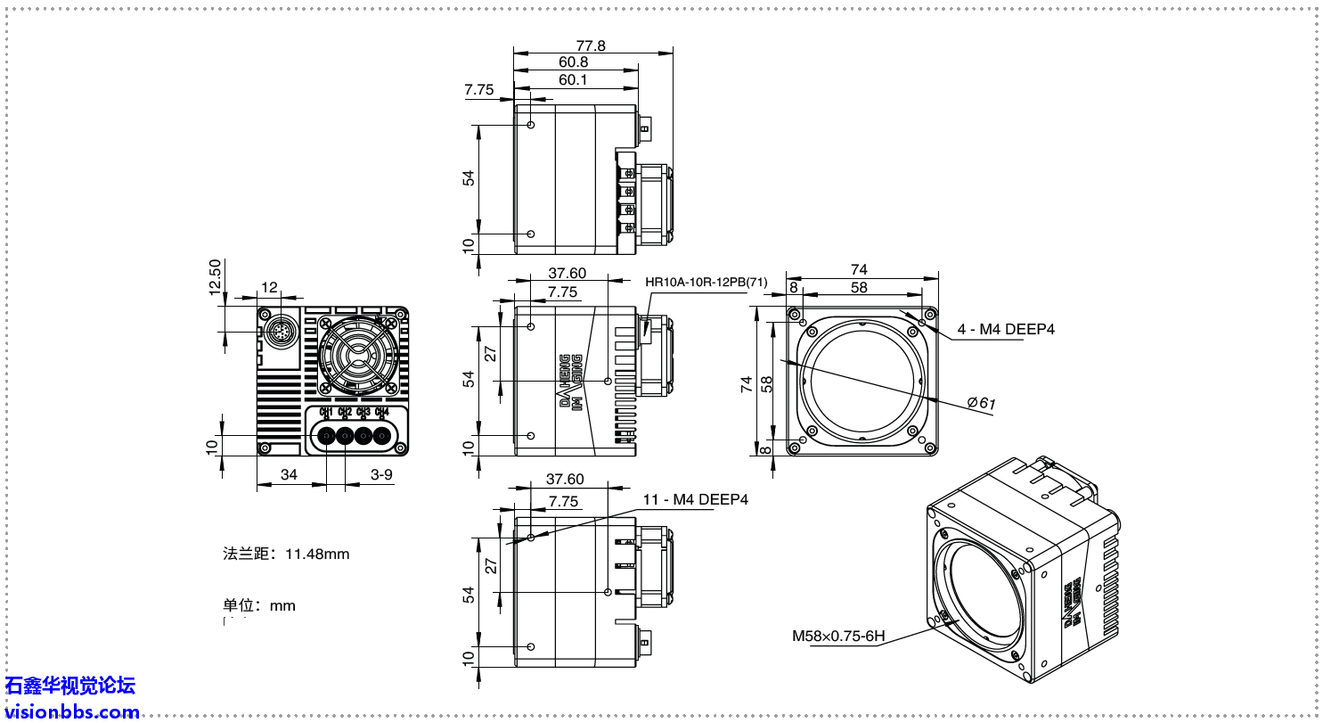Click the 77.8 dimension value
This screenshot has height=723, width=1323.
click(590, 45)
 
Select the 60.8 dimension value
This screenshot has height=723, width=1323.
click(574, 62)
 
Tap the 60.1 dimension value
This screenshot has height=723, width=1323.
click(573, 80)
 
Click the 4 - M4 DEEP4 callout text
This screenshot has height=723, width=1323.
click(1006, 329)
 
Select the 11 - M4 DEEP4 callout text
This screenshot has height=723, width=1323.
click(696, 499)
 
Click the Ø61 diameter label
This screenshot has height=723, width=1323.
click(982, 402)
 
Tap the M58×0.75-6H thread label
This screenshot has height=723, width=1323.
click(838, 636)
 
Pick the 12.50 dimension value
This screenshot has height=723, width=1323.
click(214, 276)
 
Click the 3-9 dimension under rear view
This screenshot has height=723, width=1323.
click(381, 474)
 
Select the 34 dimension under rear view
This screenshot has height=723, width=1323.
click(289, 474)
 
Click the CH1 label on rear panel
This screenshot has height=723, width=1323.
click(326, 412)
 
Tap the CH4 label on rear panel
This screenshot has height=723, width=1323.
click(381, 412)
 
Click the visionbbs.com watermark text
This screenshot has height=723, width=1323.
click(71, 711)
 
